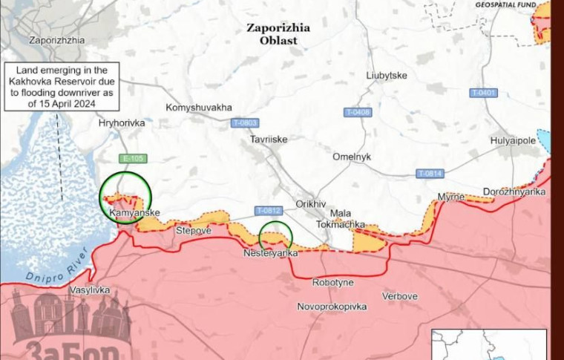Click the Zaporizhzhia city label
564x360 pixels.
(x=56, y=40)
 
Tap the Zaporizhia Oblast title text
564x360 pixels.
(x=278, y=34)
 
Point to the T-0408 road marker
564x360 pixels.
(x=357, y=112)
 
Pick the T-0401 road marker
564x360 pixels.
(x=483, y=93)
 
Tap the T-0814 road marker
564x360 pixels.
(x=429, y=174)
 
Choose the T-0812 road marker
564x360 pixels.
(x=268, y=211)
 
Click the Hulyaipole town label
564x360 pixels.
(x=512, y=140)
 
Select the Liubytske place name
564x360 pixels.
(x=387, y=76)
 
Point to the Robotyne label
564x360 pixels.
(x=332, y=283)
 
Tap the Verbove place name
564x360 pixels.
(x=400, y=296)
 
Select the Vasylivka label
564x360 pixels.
(x=90, y=289)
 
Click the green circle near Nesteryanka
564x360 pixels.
(x=275, y=237)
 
